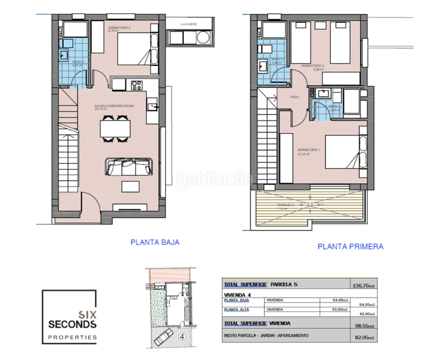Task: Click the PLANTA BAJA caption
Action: [x=155, y=242]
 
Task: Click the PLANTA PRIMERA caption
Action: [x=350, y=246]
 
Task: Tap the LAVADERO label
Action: [x=190, y=23]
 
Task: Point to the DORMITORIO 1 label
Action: [x=309, y=150]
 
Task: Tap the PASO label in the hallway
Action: [x=294, y=97]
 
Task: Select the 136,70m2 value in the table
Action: [x=362, y=285]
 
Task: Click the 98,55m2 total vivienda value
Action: [x=362, y=326]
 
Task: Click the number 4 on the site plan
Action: [x=183, y=337]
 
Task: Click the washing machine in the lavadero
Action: [x=204, y=38]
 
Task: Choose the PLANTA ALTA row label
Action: [x=236, y=310]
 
